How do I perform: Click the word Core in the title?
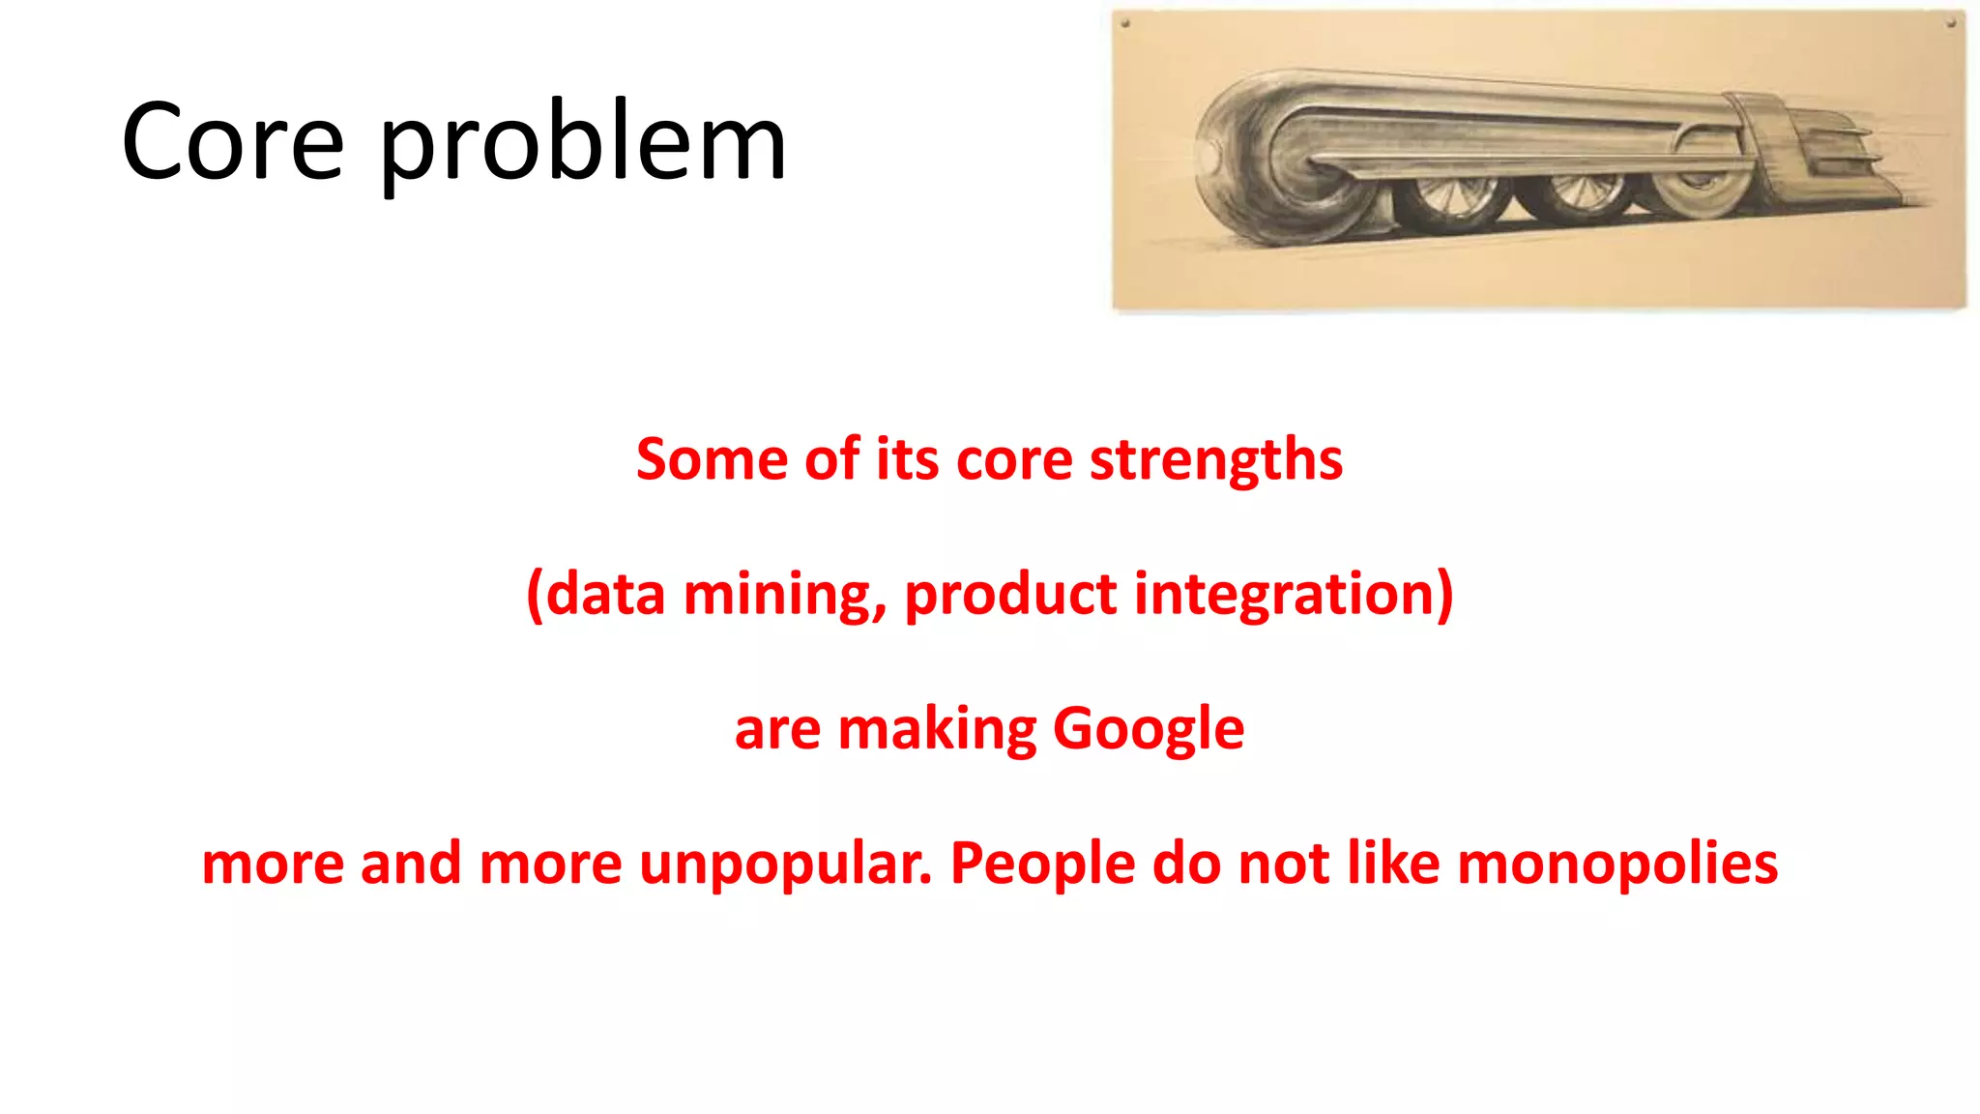tap(233, 142)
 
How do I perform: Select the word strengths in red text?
tap(1216, 460)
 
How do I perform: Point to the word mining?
tap(784, 595)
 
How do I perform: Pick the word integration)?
tap(1293, 595)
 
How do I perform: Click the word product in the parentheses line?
tap(1010, 595)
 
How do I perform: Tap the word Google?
tap(1148, 730)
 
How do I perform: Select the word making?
tap(937, 730)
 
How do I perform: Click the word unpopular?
tap(785, 865)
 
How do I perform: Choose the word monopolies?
tap(1616, 864)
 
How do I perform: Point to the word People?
tap(1042, 865)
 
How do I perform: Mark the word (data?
tap(596, 595)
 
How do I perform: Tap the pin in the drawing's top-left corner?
tap(1125, 23)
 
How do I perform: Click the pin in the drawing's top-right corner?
tap(1951, 22)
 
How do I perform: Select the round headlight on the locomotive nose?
tap(1206, 156)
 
